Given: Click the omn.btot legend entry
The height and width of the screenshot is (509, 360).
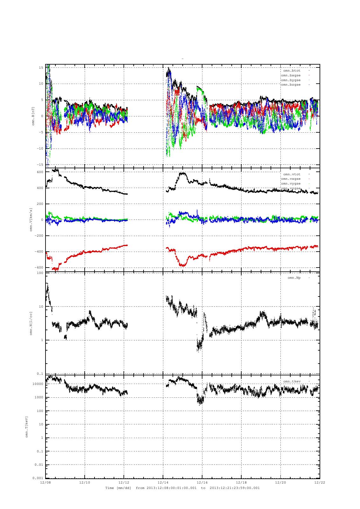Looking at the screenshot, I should pyautogui.click(x=292, y=70).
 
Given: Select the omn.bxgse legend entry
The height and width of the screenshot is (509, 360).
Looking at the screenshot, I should pyautogui.click(x=291, y=75).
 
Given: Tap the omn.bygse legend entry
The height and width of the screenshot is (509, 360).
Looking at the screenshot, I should pyautogui.click(x=291, y=80).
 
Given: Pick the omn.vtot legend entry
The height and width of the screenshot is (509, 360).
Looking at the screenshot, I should pyautogui.click(x=292, y=174).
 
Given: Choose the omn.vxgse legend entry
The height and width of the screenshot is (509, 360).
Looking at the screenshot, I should pyautogui.click(x=291, y=179).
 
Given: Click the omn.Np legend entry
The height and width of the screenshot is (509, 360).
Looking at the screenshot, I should pyautogui.click(x=294, y=278).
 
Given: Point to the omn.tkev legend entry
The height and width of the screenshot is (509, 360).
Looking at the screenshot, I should pyautogui.click(x=292, y=381).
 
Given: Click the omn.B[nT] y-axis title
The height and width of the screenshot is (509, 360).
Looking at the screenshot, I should pyautogui.click(x=33, y=116).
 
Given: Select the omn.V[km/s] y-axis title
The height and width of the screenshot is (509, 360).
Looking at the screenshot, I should pyautogui.click(x=31, y=220).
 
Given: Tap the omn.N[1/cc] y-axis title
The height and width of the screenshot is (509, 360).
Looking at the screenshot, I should pyautogui.click(x=31, y=323).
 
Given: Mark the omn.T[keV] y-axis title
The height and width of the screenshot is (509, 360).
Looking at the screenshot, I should pyautogui.click(x=27, y=426).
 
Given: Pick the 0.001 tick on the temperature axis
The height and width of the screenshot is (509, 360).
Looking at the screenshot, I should pyautogui.click(x=38, y=478).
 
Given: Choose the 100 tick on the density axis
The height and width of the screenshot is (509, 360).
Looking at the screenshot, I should pyautogui.click(x=40, y=273).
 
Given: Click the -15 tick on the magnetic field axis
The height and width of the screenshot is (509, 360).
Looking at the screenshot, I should pyautogui.click(x=40, y=164).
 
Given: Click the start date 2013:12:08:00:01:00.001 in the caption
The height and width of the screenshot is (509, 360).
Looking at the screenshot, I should pyautogui.click(x=171, y=488).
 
